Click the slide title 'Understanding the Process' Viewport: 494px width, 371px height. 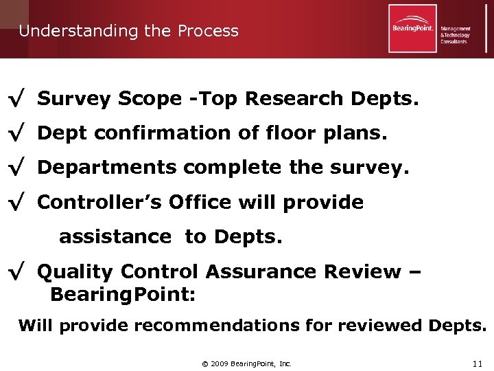point(128,31)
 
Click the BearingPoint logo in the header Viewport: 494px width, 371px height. point(412,28)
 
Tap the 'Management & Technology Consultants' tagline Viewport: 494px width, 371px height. point(455,35)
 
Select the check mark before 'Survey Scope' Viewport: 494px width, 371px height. point(16,100)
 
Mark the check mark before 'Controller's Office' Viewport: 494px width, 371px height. point(16,203)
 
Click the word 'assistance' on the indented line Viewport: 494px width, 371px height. point(115,237)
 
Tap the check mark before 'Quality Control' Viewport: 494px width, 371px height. point(16,273)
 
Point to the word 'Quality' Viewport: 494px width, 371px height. point(74,272)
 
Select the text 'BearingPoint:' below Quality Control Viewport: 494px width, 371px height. point(123,295)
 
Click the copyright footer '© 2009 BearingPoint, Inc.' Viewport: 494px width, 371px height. point(246,363)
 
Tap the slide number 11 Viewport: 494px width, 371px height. point(478,363)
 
